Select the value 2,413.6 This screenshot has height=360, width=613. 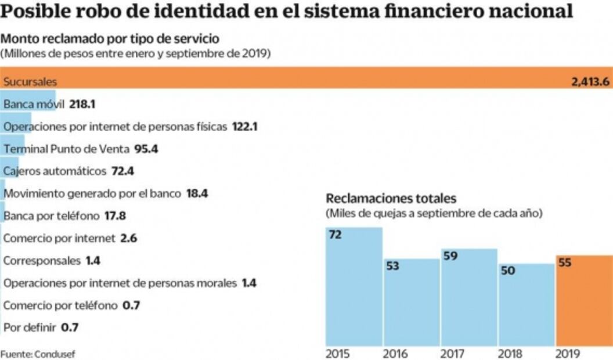click(590, 82)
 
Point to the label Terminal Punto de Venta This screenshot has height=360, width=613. click(66, 149)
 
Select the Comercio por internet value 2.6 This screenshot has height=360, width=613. click(128, 238)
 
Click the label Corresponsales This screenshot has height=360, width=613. click(42, 261)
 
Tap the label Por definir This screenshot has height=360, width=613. click(30, 327)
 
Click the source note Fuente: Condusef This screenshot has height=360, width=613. click(38, 353)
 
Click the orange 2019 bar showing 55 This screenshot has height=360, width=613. click(583, 302)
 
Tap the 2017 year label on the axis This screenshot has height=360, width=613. click(452, 353)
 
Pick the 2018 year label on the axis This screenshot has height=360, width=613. click(510, 353)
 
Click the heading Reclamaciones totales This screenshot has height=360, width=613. click(391, 198)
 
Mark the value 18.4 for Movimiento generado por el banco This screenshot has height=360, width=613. click(197, 193)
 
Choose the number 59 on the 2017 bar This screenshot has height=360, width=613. click(450, 255)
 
